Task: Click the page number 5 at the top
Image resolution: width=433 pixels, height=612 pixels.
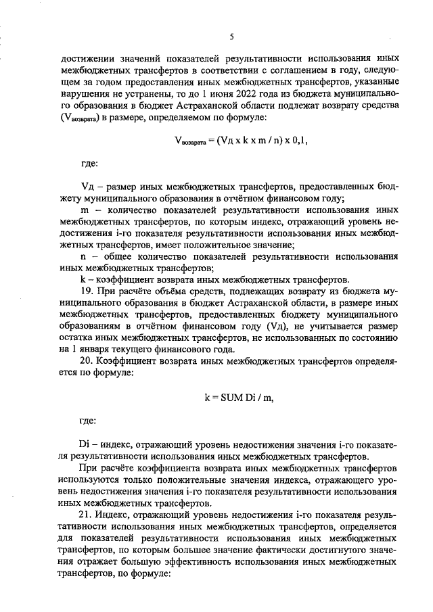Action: (x=231, y=37)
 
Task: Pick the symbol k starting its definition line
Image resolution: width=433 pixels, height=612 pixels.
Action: (x=82, y=279)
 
